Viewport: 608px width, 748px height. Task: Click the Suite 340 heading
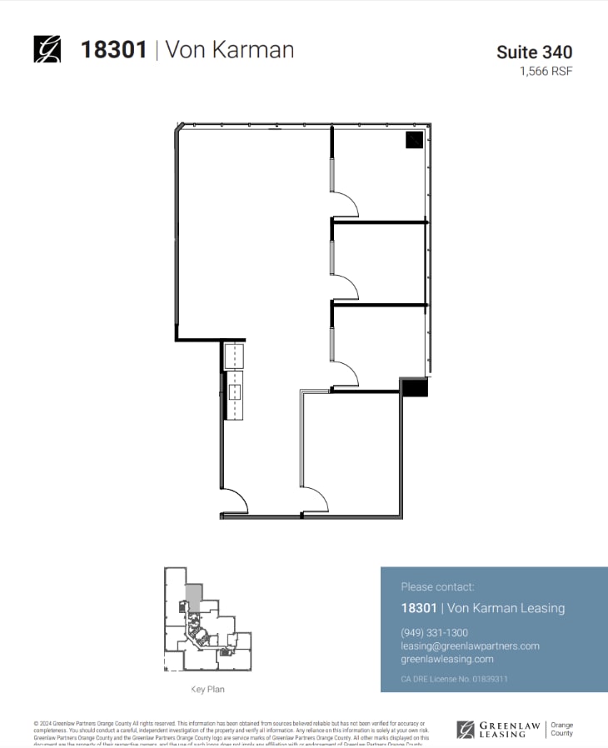tap(534, 52)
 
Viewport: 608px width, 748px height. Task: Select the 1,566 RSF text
tap(546, 71)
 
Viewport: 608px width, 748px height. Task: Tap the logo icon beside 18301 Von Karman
tap(47, 49)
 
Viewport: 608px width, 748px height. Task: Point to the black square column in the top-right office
tap(414, 140)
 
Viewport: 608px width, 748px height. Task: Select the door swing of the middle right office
tap(345, 286)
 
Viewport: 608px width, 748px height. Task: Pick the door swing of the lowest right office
tap(345, 372)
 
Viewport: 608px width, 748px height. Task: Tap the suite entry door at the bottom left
tap(235, 501)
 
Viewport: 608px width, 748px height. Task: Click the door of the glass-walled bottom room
tap(315, 501)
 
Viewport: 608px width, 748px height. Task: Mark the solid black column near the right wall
tap(414, 387)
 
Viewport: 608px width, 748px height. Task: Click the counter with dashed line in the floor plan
tap(236, 380)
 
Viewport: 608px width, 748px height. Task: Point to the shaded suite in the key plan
tap(193, 597)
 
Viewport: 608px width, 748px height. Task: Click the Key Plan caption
tap(207, 690)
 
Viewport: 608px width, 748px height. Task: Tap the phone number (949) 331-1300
tap(434, 632)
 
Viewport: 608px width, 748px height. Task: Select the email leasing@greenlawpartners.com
tap(470, 646)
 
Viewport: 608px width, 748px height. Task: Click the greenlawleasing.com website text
tap(447, 659)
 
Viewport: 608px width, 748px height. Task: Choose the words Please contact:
tap(437, 586)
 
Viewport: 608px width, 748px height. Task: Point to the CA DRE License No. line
tap(454, 679)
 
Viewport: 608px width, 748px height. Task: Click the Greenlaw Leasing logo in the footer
tap(498, 730)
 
